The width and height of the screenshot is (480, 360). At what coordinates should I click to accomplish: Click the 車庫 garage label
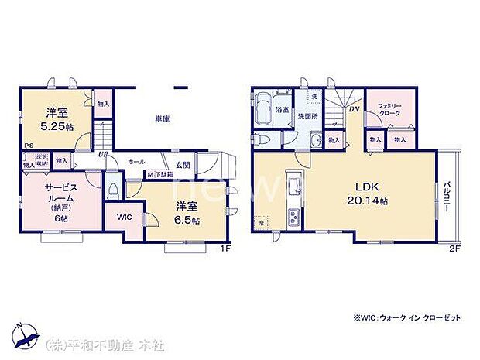point(162,118)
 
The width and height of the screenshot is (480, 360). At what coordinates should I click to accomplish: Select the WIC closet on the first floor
point(125,218)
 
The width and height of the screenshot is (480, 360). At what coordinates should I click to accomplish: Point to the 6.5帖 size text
point(187,220)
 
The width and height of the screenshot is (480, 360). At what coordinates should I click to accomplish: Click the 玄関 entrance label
point(183,163)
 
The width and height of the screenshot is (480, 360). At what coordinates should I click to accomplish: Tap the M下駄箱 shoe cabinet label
point(161,175)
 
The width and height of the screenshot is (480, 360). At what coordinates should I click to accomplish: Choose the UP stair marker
point(101,152)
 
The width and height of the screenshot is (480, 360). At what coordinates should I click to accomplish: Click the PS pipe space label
point(28,146)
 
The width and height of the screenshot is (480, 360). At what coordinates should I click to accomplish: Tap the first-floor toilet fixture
point(115,187)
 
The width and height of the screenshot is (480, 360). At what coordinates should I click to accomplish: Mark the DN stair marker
point(354,109)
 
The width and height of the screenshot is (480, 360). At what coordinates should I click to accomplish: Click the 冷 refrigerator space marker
point(262,220)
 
